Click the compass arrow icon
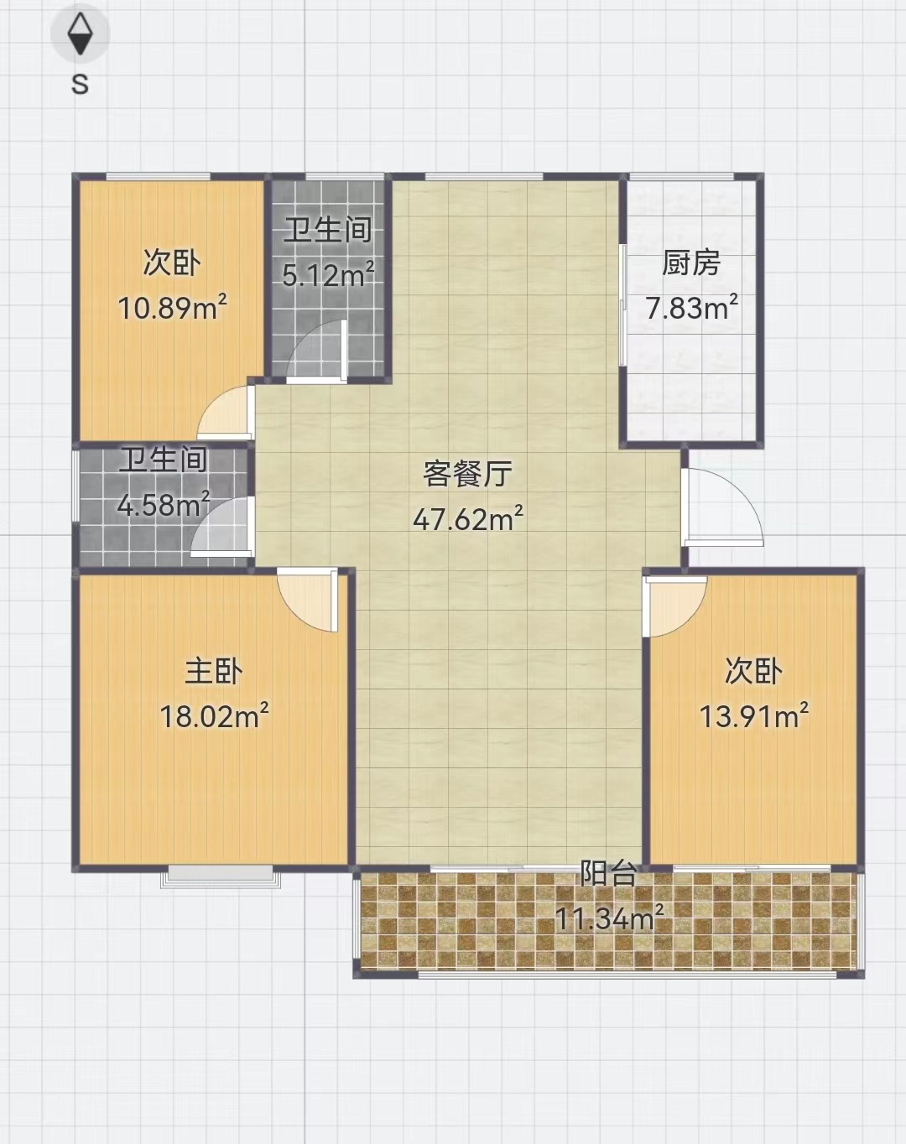click(81, 34)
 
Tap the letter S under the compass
click(81, 84)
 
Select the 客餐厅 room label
click(468, 473)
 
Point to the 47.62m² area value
click(468, 518)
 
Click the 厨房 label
click(691, 263)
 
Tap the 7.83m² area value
click(692, 308)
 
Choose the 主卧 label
click(214, 672)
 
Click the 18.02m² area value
click(214, 716)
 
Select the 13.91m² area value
click(754, 716)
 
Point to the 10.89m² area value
click(172, 308)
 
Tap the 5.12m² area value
click(328, 275)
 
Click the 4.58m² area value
click(164, 505)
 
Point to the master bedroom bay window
click(220, 876)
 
